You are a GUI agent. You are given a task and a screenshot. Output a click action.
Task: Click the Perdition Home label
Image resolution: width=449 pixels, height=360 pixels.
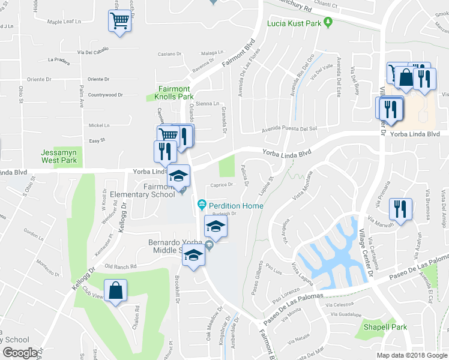tap(236, 206)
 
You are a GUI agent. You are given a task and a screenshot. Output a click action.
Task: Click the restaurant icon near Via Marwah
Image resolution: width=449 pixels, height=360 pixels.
tap(399, 209)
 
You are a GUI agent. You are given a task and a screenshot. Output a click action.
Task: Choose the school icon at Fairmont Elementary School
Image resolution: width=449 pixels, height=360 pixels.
tap(178, 175)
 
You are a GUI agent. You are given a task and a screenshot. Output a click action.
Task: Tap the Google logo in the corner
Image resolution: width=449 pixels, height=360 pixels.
tap(19, 353)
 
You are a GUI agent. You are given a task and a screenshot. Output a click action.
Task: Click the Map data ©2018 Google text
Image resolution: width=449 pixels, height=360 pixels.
tap(412, 355)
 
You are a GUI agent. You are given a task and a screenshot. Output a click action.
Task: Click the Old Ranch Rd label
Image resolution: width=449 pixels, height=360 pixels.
tap(121, 266)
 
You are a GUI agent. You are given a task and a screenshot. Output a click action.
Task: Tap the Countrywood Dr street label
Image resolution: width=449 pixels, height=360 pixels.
tap(105, 95)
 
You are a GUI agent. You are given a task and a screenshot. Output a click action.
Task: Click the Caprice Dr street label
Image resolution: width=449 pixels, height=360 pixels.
tap(221, 185)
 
